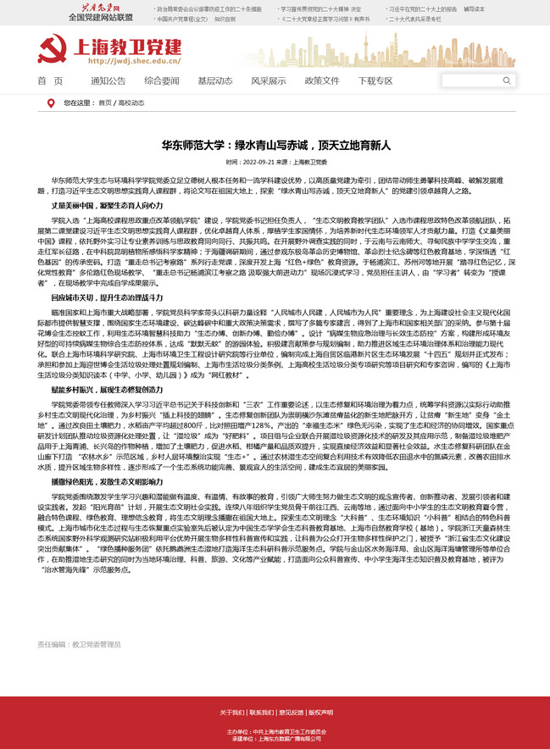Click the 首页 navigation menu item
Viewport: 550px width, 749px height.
click(50, 80)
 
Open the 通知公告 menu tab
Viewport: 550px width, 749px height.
click(108, 80)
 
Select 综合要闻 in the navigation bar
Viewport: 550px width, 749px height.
click(161, 80)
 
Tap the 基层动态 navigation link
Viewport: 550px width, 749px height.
click(214, 80)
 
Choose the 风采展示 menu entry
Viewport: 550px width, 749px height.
click(268, 80)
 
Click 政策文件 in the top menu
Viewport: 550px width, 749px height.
click(322, 80)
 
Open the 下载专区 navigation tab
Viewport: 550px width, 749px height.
click(375, 80)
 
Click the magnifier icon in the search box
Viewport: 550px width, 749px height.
click(507, 80)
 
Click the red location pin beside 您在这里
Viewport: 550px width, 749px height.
click(51, 103)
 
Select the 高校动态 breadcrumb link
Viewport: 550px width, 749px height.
click(131, 103)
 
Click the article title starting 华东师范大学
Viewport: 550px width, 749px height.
click(276, 145)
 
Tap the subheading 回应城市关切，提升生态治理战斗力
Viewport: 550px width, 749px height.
click(107, 299)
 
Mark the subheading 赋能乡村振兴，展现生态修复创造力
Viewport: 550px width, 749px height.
click(107, 389)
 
